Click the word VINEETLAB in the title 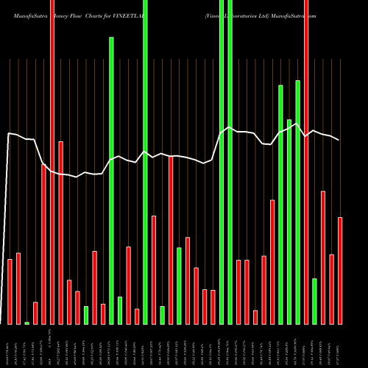(x=153, y=14)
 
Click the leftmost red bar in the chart (x=10, y=291)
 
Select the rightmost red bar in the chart (x=340, y=270)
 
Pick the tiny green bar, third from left (x=27, y=322)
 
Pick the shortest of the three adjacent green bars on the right (x=289, y=221)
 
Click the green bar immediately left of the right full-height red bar (x=298, y=202)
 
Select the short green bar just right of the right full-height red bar (x=315, y=301)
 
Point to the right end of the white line (x=339, y=140)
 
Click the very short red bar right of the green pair (x=255, y=316)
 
